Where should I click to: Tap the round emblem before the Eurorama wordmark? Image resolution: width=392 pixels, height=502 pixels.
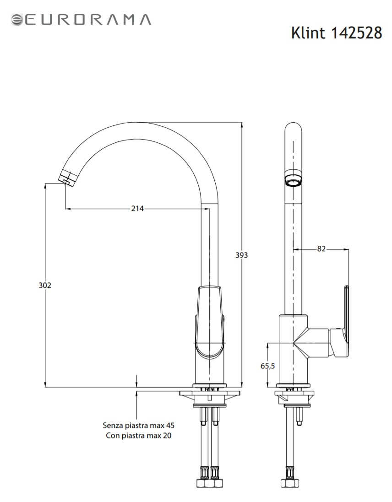point(17,20)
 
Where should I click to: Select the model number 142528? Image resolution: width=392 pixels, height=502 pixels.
point(356,32)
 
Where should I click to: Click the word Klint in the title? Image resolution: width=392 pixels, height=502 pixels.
point(308,32)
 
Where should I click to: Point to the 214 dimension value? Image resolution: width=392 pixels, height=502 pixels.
point(137,208)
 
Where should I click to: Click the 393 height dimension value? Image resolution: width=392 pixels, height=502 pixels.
point(241,255)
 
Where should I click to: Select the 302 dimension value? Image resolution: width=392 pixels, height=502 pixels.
point(45,285)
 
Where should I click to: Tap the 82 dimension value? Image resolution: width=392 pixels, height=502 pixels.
point(321,249)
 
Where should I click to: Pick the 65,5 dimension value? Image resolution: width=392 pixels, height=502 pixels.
point(267,366)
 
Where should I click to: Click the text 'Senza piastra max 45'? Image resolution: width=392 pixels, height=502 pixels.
point(139,425)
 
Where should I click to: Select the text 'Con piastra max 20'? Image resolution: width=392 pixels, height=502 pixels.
point(139,435)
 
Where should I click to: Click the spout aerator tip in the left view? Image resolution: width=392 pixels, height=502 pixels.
point(69,178)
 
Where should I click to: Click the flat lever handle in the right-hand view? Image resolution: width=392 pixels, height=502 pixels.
point(346,309)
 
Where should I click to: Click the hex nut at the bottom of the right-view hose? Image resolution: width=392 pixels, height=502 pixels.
point(290,483)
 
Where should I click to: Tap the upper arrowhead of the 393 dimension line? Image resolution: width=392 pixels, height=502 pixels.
point(241,125)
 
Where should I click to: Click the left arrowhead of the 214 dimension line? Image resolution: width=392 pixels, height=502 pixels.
point(68,209)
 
